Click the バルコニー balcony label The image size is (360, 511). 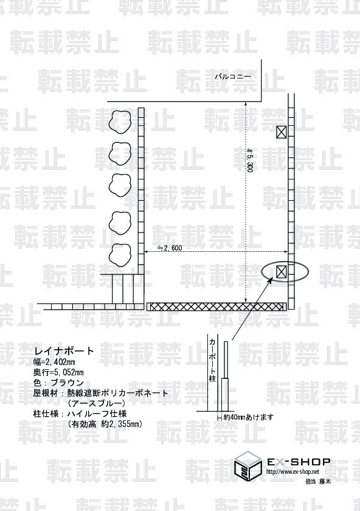pyautogui.click(x=233, y=77)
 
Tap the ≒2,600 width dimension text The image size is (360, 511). pyautogui.click(x=170, y=248)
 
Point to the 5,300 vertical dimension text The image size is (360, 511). pyautogui.click(x=250, y=161)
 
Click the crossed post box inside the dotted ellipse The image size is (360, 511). pyautogui.click(x=282, y=271)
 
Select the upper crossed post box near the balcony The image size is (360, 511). pyautogui.click(x=282, y=132)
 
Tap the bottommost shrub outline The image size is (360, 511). pyautogui.click(x=120, y=255)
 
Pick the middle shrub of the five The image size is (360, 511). pyautogui.click(x=120, y=186)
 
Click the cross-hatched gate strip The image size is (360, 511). pyautogui.click(x=216, y=307)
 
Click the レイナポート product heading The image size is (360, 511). pyautogui.click(x=64, y=351)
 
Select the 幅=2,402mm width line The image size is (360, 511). pyautogui.click(x=54, y=362)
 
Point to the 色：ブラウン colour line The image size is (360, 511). pyautogui.click(x=58, y=383)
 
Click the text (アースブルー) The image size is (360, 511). pyautogui.click(x=97, y=403)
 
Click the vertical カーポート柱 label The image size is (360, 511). pyautogui.click(x=212, y=360)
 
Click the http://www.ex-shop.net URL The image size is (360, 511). pyautogui.click(x=293, y=471)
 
